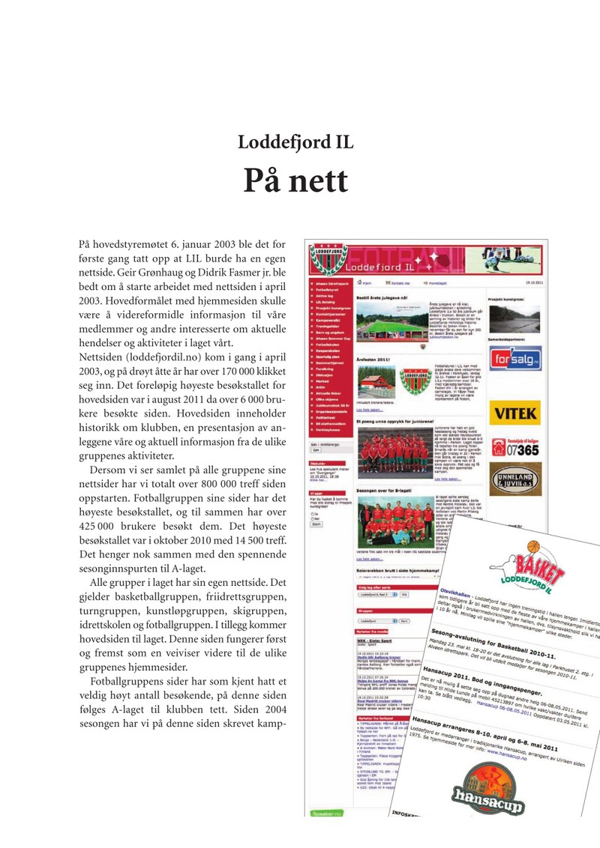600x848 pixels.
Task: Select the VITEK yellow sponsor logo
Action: coord(514,412)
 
